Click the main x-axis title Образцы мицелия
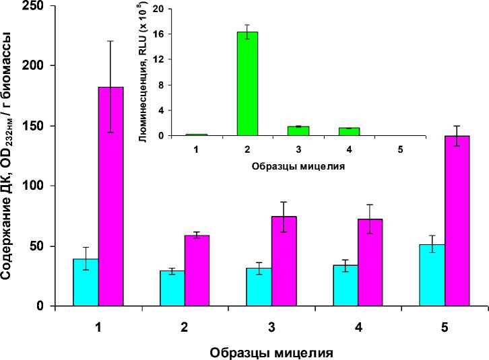pyautogui.click(x=271, y=352)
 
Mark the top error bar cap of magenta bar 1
pyautogui.click(x=111, y=41)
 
